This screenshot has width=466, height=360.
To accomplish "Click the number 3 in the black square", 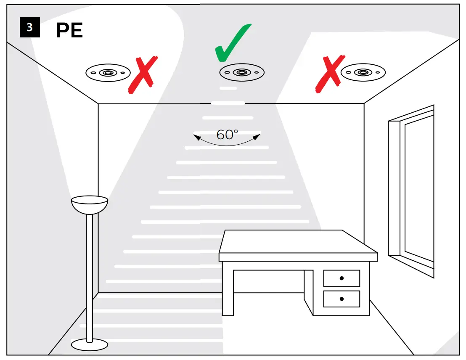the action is pos(29,28).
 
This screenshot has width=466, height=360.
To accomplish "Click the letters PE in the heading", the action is pos(69,31).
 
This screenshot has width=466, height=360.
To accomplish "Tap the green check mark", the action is pos(233,43).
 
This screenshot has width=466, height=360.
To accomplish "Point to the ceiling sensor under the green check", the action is pos(241,73).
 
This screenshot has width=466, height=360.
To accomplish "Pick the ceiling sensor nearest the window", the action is pos(363,72).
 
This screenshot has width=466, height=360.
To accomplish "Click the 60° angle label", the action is pos(227,135).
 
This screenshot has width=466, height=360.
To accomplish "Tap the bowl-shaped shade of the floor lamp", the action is pos(90,204).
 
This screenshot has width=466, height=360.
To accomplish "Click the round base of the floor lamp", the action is pos(89,344).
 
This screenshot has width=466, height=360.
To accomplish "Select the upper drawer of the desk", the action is pos(342,278).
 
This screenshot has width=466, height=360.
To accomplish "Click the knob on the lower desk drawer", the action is pos(342,299).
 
